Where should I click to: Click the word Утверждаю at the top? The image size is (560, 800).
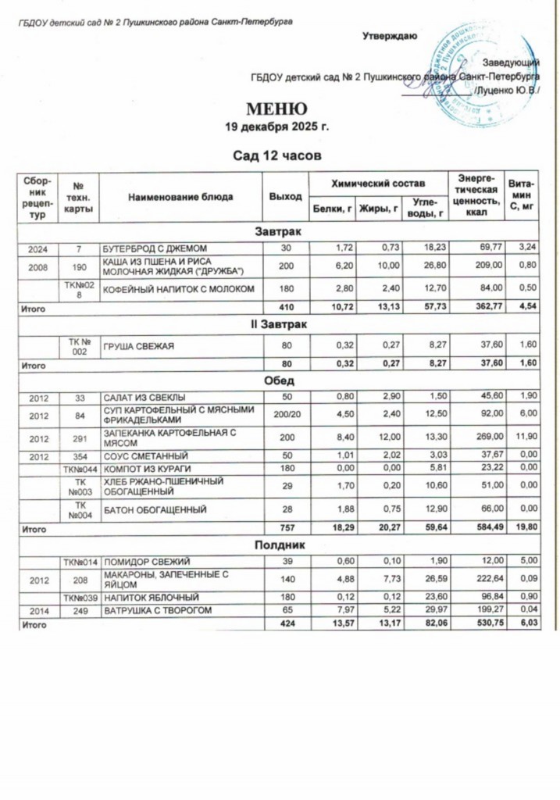(x=390, y=35)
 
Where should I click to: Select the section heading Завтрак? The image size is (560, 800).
(x=279, y=232)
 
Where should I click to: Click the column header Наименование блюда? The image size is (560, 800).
(x=180, y=196)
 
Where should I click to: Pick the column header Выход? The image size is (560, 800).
(x=285, y=196)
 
